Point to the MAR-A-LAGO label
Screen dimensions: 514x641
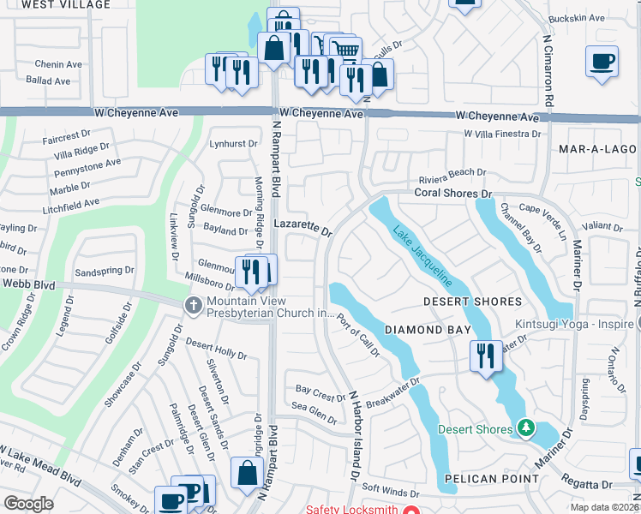(x=598, y=149)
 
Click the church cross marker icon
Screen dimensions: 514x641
(x=195, y=305)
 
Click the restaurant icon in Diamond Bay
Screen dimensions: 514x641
(x=486, y=356)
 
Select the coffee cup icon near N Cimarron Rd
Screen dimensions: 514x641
(x=602, y=63)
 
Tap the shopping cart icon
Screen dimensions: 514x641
(x=345, y=50)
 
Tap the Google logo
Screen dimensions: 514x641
(x=28, y=503)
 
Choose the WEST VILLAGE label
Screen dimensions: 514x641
(x=54, y=4)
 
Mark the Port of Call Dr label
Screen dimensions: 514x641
(x=357, y=335)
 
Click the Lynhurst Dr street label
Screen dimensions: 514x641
(x=234, y=144)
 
